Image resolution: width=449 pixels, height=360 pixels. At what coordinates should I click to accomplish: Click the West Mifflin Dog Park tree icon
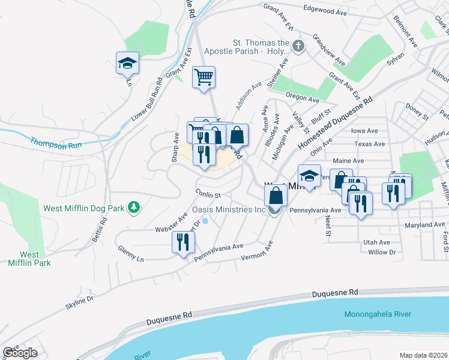(136, 208)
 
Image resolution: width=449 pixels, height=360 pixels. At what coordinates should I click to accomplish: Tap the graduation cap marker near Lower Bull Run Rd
(128, 63)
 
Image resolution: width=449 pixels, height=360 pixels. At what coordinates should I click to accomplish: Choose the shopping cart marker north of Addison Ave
(203, 77)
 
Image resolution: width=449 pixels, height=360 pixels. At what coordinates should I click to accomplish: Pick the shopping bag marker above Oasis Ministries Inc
(276, 196)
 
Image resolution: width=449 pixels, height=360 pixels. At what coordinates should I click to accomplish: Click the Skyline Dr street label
(80, 301)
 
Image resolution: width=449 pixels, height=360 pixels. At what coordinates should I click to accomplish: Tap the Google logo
(20, 352)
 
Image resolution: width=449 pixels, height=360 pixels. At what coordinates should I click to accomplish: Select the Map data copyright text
(423, 355)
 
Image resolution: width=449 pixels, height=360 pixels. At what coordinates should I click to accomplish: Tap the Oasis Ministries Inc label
(228, 210)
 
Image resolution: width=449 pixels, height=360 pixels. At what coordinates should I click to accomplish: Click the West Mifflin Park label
(29, 259)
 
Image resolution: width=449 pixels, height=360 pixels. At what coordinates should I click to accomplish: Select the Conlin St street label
(208, 194)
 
